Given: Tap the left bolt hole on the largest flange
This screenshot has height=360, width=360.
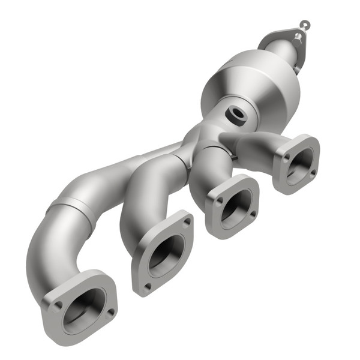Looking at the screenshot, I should [58, 305].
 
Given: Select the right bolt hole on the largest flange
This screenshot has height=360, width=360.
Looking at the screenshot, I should [110, 312].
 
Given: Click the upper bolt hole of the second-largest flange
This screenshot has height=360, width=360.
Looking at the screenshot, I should [187, 222].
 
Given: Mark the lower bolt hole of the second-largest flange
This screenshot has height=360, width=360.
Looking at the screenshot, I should [147, 286].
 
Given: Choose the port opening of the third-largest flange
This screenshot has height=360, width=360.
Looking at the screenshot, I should [235, 207].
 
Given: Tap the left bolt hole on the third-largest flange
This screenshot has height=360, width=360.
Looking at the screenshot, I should [220, 200].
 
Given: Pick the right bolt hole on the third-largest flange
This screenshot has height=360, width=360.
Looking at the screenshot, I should [252, 213].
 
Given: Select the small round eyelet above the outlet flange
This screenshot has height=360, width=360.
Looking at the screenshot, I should [305, 25].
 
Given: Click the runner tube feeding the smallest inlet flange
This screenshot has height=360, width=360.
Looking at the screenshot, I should [252, 144].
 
